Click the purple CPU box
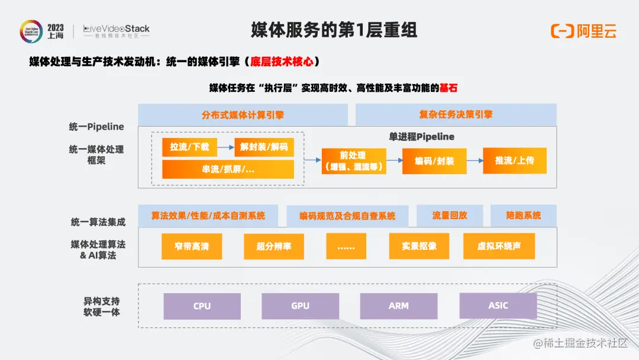(202, 306)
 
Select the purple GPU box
(300, 306)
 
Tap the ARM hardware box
(399, 306)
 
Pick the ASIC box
(498, 306)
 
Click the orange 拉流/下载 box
(190, 147)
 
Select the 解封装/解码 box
(264, 147)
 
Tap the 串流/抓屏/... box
(228, 169)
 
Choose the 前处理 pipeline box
(353, 161)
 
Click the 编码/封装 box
(434, 160)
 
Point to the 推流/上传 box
(514, 160)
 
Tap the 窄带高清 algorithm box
(192, 246)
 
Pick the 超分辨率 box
(274, 246)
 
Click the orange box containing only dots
(346, 246)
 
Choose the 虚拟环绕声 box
(499, 246)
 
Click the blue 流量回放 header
(450, 216)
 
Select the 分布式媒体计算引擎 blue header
(243, 115)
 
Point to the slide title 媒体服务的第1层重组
(334, 30)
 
